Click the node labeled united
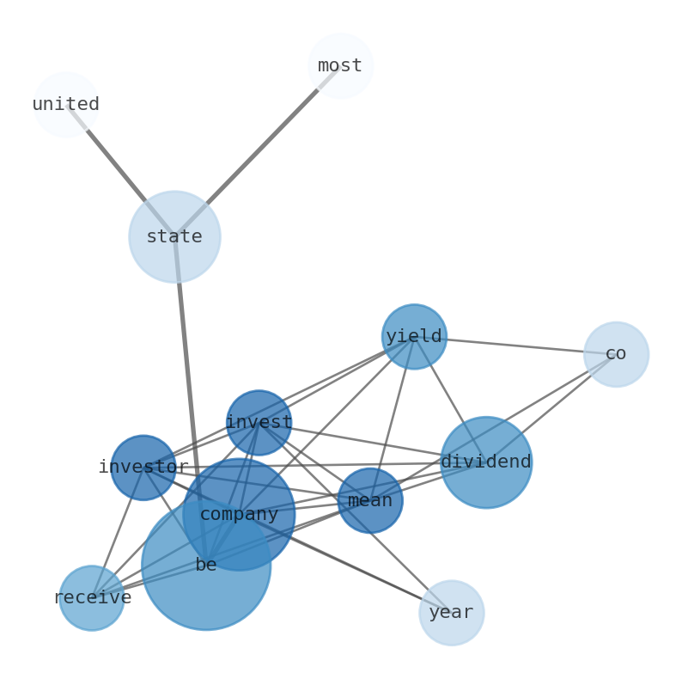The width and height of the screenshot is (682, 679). click(65, 105)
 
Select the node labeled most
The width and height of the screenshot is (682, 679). click(340, 65)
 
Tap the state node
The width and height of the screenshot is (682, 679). click(174, 236)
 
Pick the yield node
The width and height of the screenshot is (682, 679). click(414, 337)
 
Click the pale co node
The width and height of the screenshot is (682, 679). click(616, 354)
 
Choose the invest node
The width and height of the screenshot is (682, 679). click(259, 423)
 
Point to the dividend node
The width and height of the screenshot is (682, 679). click(486, 462)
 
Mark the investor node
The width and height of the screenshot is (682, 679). click(143, 468)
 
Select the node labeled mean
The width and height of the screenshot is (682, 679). click(370, 500)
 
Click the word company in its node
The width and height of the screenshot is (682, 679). click(239, 515)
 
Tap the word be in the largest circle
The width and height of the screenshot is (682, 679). click(206, 566)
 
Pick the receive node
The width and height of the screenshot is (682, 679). click(92, 598)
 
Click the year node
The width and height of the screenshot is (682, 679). click(451, 613)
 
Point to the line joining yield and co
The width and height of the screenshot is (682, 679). click(515, 346)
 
